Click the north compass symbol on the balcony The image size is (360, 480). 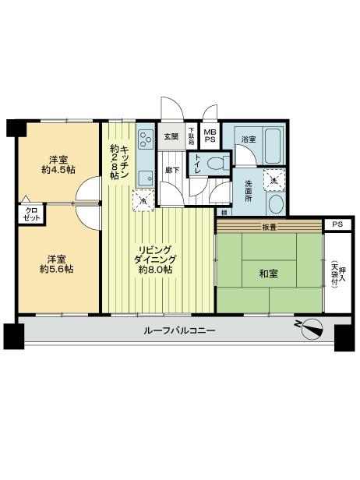point(309,329)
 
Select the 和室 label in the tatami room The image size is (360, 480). point(268,274)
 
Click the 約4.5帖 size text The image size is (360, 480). point(58,168)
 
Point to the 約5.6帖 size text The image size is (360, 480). point(58,269)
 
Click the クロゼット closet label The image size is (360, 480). point(31,214)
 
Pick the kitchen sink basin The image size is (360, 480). point(144,178)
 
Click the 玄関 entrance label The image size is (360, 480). point(171,138)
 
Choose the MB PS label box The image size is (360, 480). point(210,138)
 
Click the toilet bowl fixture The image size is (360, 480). point(221,164)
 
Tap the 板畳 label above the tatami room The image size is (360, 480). point(270,228)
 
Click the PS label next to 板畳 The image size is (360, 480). point(337,224)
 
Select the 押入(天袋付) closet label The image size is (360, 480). point(334,274)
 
